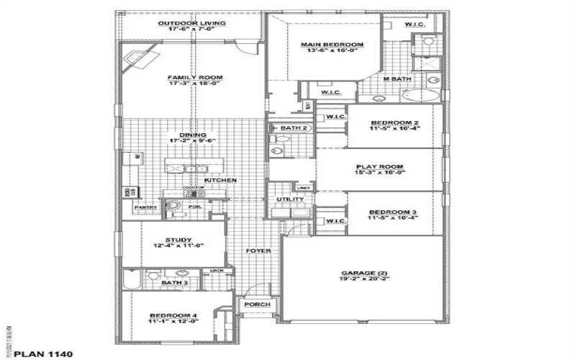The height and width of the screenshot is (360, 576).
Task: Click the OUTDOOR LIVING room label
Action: [192, 23]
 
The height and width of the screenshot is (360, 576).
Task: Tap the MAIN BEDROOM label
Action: [332, 45]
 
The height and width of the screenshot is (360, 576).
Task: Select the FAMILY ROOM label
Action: [195, 77]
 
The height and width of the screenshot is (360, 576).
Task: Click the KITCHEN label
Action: [220, 180]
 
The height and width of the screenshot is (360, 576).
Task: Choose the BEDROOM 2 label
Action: [395, 123]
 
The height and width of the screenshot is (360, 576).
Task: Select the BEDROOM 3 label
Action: [394, 212]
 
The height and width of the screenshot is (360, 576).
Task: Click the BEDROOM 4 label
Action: [173, 316]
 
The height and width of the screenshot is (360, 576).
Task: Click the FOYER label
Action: [258, 251]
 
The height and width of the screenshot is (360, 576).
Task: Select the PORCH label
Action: [257, 305]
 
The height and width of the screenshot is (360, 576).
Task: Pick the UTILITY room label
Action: [289, 199]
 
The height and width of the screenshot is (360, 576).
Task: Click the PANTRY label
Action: [146, 207]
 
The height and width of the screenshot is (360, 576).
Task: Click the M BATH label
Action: [396, 78]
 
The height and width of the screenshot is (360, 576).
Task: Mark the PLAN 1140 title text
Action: [44, 354]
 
